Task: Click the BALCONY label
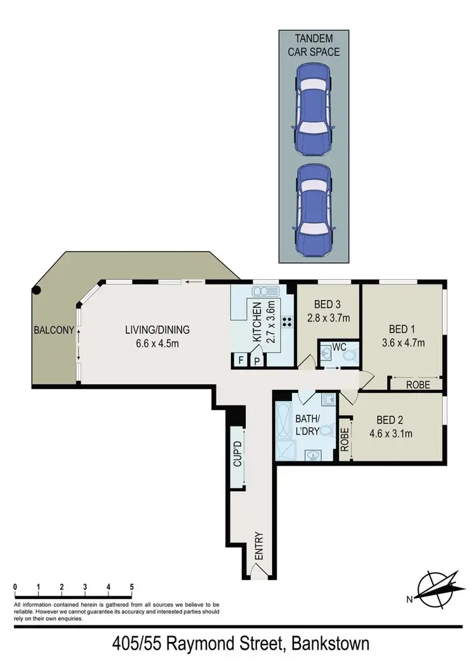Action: (x=55, y=330)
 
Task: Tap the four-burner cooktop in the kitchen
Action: (x=286, y=322)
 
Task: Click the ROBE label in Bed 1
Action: (x=418, y=384)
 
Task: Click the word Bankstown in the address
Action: (x=329, y=645)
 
